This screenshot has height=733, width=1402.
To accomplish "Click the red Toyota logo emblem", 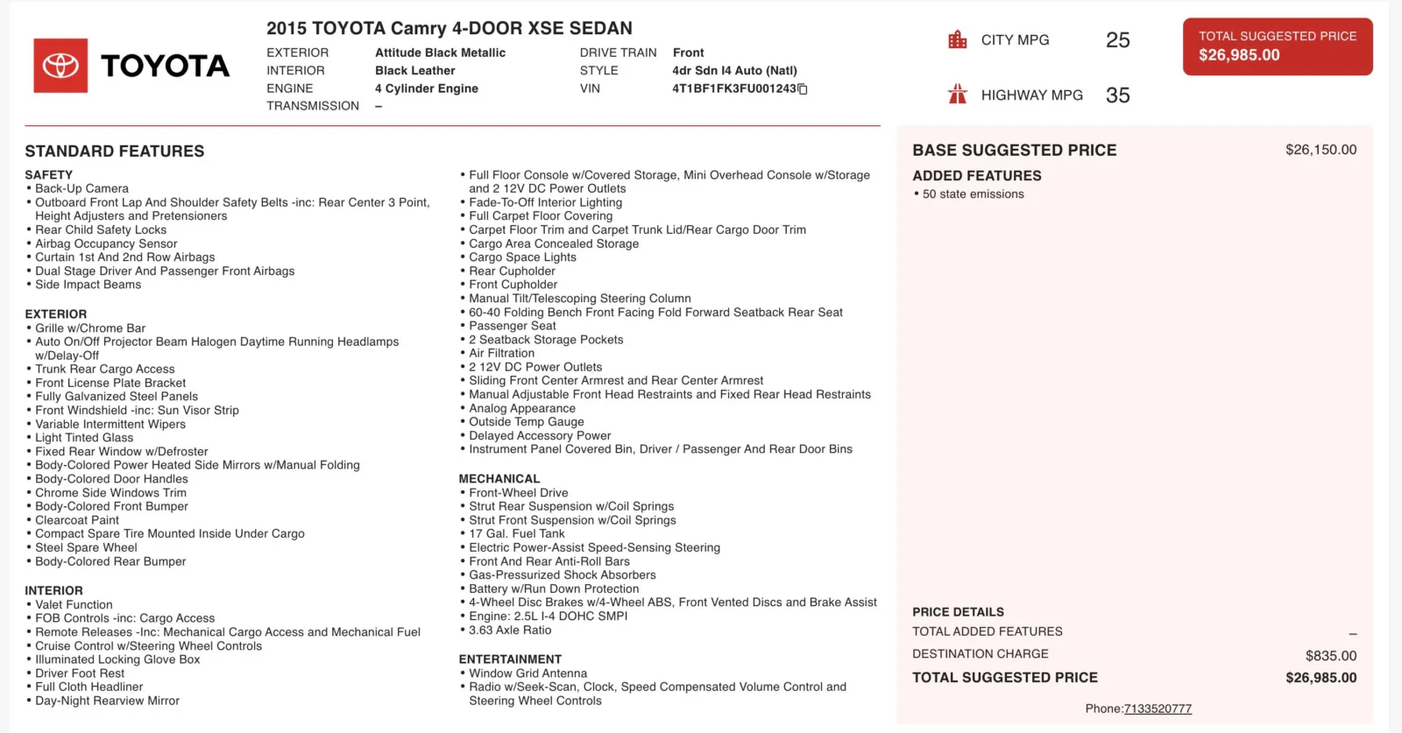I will (60, 66).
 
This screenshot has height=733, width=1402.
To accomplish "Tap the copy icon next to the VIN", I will (803, 89).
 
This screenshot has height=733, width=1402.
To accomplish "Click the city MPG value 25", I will (1117, 40).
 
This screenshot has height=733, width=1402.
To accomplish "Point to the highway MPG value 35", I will (1117, 95).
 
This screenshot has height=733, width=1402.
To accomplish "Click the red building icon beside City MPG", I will (958, 40).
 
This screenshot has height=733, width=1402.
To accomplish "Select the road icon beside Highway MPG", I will (958, 95).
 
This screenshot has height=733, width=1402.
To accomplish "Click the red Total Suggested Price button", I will (1277, 46).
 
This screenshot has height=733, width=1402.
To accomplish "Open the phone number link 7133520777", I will (1158, 708).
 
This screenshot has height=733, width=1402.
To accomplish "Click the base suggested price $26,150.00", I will (1321, 150).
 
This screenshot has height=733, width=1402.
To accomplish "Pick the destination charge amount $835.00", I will (1330, 656).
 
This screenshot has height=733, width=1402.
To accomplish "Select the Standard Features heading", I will (115, 152).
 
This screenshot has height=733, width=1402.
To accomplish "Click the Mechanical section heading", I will (499, 479).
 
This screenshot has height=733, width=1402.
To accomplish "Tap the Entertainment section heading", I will (510, 659).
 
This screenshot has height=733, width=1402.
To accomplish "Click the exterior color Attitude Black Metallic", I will (440, 53).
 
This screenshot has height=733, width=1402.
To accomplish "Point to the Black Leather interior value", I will (414, 71).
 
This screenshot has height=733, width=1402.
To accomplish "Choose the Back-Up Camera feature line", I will (81, 188).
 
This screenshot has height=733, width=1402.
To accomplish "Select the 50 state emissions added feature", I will (973, 194).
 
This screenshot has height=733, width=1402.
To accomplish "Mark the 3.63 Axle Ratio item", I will (510, 630).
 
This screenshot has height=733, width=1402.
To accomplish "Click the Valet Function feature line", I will (74, 604).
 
